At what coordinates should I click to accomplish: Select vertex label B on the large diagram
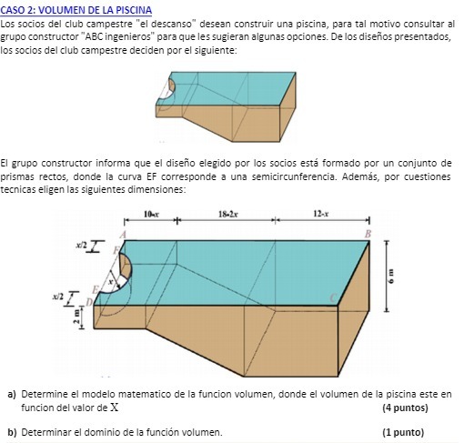(368, 235)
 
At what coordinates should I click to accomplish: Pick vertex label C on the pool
(331, 297)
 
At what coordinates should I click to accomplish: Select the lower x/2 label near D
(58, 297)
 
